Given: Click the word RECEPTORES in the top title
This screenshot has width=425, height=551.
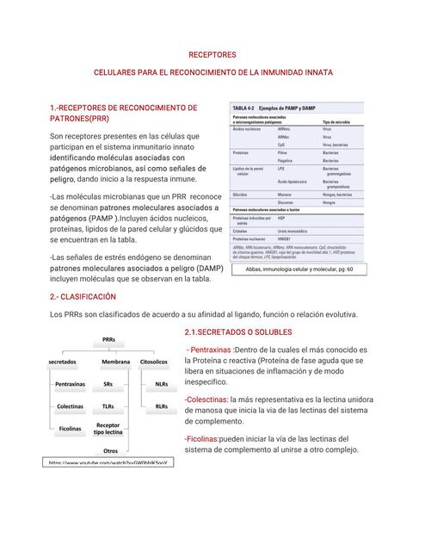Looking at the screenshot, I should pos(212,54).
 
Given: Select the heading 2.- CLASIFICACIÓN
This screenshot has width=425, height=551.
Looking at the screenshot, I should pos(84,296).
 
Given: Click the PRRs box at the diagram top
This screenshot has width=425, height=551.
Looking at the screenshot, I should pos(108,340).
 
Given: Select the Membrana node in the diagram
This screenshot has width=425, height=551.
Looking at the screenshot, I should pos(108,362).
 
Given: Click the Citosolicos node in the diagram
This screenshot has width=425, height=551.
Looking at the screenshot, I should pos(154,362).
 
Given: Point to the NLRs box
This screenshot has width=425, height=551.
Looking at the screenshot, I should pos(161,384).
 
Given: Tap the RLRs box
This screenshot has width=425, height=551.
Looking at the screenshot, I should pos(161,406).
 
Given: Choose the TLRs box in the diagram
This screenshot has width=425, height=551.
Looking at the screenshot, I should pos(108,406).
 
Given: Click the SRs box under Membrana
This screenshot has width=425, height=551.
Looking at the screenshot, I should pos(108,384).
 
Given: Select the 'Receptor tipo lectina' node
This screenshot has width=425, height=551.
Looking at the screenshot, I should pos(108,428).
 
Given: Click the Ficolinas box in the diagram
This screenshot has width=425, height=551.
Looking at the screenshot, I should pos(71,428).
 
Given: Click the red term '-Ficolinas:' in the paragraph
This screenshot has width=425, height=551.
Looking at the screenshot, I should pos(201,438).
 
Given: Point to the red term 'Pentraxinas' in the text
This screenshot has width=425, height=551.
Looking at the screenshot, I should pos(210,350).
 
